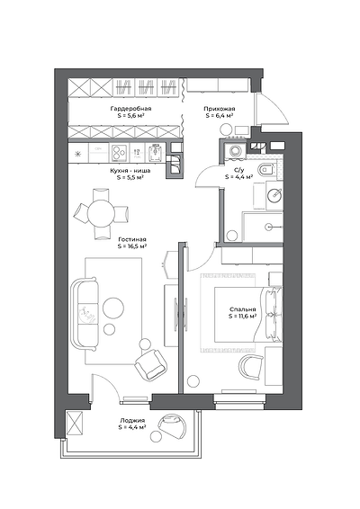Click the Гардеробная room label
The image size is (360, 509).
(x=130, y=109)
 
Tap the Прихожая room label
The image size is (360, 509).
(x=220, y=109)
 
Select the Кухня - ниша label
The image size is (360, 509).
(x=130, y=171)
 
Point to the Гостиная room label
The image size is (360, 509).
(x=132, y=240)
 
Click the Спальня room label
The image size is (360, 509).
(x=242, y=309)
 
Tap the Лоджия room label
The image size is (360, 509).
(x=131, y=420)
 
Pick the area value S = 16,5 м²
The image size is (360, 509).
(x=132, y=246)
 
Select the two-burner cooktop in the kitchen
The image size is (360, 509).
(x=119, y=152)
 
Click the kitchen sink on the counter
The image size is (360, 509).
(x=157, y=152)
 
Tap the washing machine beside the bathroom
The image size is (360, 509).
(x=235, y=150)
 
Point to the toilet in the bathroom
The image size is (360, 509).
(x=266, y=169)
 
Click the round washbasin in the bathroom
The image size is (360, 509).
(x=274, y=195)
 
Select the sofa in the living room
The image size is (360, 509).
(x=85, y=314)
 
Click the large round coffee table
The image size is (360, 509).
(x=113, y=308)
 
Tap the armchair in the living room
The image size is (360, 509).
(x=151, y=365)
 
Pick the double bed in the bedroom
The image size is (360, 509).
(x=248, y=314)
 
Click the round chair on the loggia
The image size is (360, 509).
(x=172, y=426)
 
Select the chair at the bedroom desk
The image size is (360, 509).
(x=251, y=367)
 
